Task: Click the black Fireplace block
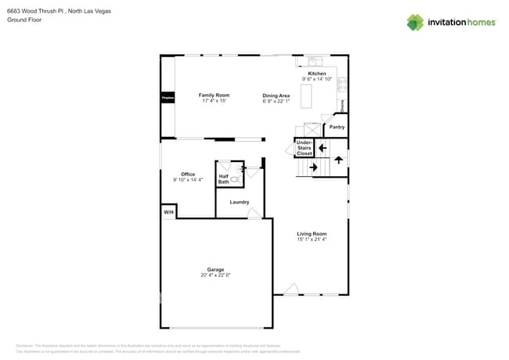(167, 99)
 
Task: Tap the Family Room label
(192, 95)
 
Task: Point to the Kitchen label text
(316, 74)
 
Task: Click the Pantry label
(337, 126)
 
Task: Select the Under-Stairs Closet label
(304, 148)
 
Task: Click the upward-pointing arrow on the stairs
(338, 160)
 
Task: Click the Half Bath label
(224, 179)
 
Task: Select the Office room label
(188, 174)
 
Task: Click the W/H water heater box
(168, 212)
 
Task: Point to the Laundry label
(239, 202)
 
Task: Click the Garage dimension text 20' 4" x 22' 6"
(215, 275)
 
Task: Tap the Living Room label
(311, 233)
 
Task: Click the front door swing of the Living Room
(291, 290)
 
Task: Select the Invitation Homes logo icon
(415, 22)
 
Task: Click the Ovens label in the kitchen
(341, 105)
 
